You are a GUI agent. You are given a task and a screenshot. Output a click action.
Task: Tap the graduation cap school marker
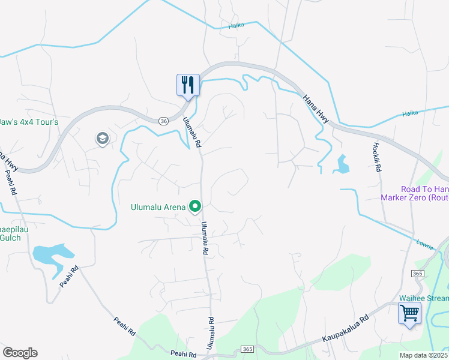(102, 139)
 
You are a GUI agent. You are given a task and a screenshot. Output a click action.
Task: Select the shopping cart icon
(409, 313)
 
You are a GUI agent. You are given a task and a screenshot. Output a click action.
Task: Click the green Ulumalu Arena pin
(195, 207)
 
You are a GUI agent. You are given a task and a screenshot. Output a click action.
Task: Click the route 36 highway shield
(164, 121)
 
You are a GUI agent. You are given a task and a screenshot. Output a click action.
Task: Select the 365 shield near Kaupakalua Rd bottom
(246, 349)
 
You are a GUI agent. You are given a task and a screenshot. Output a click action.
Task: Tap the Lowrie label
(424, 243)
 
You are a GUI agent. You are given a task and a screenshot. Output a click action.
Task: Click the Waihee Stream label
(424, 298)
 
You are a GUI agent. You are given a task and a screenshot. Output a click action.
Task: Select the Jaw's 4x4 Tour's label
(29, 122)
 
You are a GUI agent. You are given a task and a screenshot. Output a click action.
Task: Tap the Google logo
(20, 353)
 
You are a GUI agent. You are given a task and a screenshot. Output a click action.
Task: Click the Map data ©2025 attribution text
(424, 355)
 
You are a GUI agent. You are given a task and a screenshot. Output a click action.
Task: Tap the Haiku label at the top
(237, 26)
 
